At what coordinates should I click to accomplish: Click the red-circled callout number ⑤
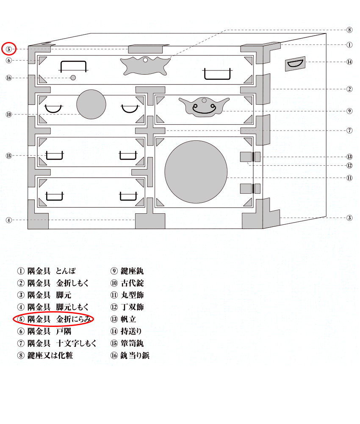point(9,49)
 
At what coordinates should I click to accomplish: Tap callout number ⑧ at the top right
point(349,30)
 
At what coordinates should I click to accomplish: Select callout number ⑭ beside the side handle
point(349,62)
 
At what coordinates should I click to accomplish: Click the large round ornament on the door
point(196,172)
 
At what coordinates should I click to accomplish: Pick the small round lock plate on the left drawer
point(91,104)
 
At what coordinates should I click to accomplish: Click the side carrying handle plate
point(295,64)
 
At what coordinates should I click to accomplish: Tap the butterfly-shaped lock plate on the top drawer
point(145,66)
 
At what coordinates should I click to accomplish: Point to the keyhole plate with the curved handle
point(204,106)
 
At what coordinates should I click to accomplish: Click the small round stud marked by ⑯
point(73,78)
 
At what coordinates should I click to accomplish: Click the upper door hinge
point(250,157)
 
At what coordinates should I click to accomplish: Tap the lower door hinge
point(250,189)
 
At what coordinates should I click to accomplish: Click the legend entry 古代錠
point(132,283)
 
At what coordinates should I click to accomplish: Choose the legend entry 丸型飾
point(132,295)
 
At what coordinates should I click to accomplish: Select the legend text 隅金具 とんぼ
point(52,271)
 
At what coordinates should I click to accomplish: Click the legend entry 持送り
point(131,331)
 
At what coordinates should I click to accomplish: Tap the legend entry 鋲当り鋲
point(135,355)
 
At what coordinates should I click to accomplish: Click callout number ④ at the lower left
point(9,220)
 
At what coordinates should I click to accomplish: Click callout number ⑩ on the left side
point(9,114)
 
